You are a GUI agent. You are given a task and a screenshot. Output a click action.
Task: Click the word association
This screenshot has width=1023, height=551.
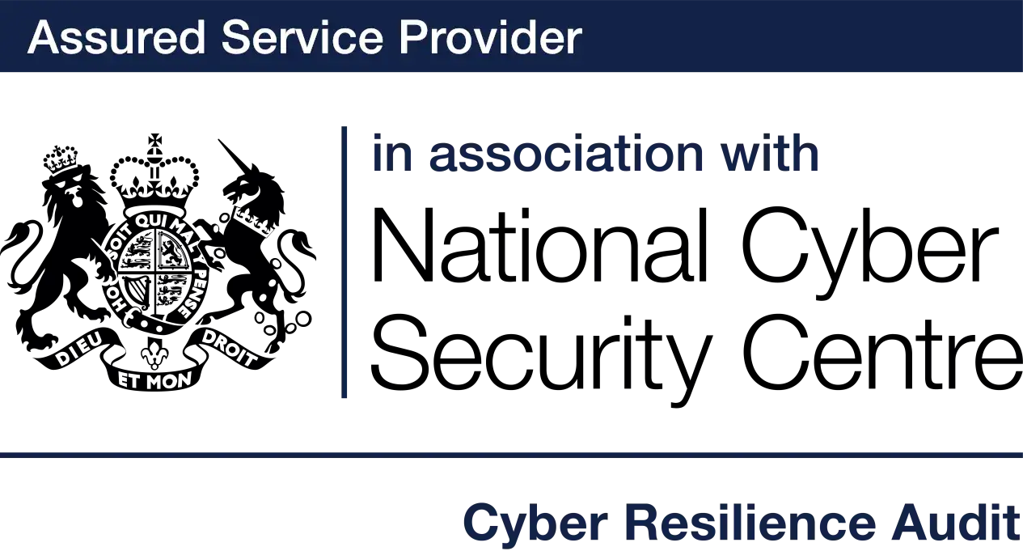point(566,153)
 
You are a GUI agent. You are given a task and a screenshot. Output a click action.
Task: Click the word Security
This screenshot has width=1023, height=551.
point(542,357)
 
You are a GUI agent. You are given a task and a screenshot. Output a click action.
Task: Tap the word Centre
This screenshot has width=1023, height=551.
point(883,352)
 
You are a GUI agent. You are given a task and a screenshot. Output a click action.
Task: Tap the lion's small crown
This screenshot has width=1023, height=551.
point(61,160)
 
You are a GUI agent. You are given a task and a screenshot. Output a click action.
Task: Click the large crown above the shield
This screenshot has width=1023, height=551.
point(154,178)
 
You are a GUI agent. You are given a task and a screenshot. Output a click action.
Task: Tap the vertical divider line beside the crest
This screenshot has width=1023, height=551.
point(344,262)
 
